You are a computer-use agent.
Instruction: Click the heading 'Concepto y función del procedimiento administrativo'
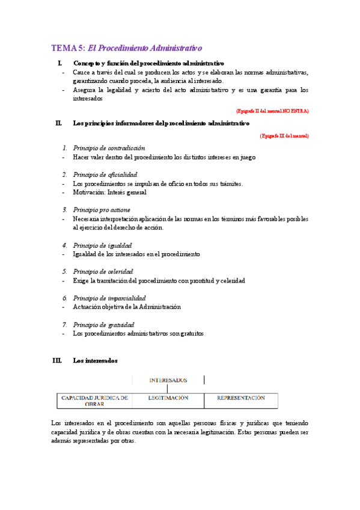pos(148,63)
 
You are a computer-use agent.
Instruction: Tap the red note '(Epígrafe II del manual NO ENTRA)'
pos(272,111)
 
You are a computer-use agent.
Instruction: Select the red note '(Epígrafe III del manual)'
pos(284,136)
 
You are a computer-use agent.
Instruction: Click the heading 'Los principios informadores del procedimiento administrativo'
pos(160,123)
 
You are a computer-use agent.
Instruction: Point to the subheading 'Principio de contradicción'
pos(109,148)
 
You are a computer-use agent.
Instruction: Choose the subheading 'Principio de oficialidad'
pos(105,174)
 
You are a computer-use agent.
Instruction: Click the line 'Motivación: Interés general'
pos(109,192)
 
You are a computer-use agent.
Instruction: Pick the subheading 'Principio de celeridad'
pos(103,272)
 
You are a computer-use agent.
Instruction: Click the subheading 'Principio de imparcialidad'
pos(109,298)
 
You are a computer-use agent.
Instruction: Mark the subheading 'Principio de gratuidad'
pos(103,325)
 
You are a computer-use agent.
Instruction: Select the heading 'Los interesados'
pos(95,361)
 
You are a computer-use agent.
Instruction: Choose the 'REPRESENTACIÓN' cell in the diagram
pos(240,398)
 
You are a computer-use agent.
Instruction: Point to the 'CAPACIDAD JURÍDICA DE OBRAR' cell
pos(94,401)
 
